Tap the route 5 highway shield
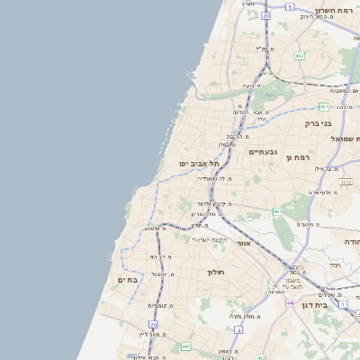[290, 6]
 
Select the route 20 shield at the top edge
[266, 16]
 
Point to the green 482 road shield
[299, 56]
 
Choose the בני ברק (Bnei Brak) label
[319, 123]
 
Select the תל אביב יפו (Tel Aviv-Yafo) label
[199, 164]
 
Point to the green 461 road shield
[278, 211]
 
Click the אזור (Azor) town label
[244, 243]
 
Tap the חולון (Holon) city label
[214, 271]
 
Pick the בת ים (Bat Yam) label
[127, 280]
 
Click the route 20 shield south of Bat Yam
[154, 324]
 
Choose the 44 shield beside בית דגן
[290, 303]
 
